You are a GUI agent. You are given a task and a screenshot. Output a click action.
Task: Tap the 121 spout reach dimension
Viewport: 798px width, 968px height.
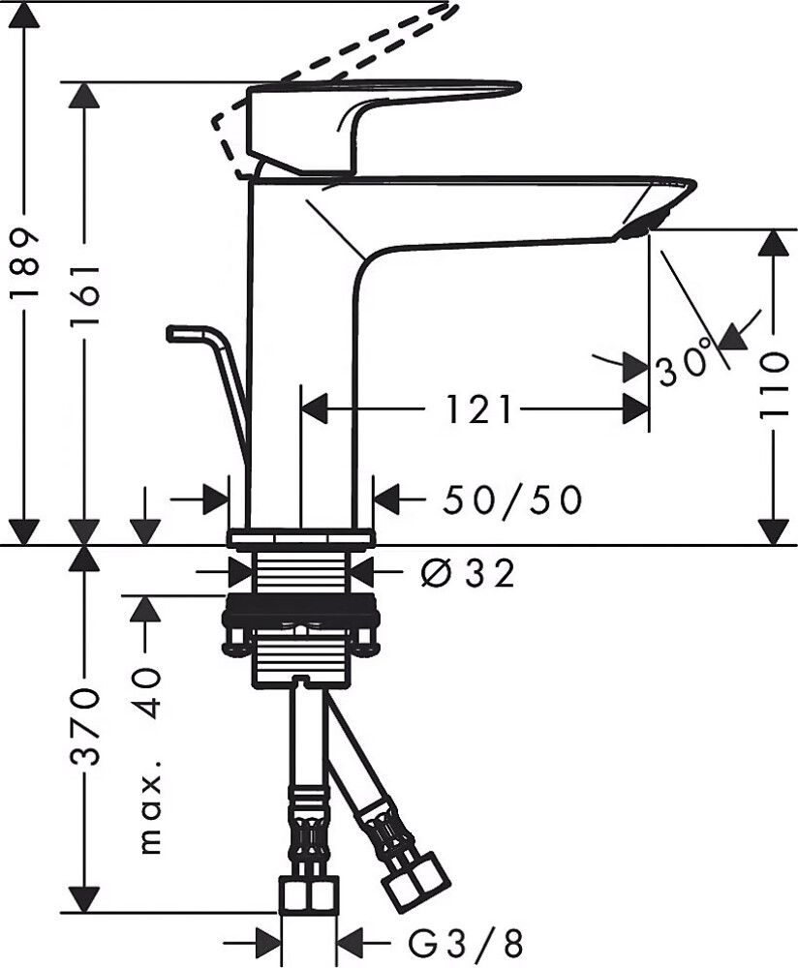pyautogui.click(x=478, y=409)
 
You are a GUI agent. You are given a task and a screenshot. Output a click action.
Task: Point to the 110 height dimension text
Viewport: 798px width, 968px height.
pyautogui.click(x=773, y=385)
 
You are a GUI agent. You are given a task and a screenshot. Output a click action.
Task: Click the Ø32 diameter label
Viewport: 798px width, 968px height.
pyautogui.click(x=467, y=574)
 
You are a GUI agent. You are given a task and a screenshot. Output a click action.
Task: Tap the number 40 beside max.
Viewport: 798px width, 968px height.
pyautogui.click(x=146, y=691)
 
